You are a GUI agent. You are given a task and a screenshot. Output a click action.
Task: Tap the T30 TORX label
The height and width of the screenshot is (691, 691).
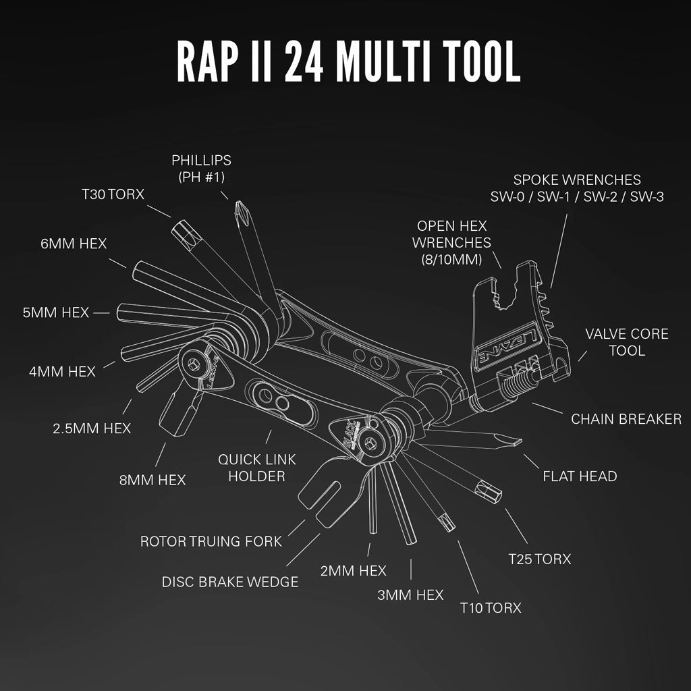[113, 194]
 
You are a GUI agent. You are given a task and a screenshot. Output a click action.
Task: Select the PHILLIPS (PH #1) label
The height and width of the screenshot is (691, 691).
[201, 169]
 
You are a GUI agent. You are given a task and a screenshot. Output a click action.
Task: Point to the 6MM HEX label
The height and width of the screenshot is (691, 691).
[74, 244]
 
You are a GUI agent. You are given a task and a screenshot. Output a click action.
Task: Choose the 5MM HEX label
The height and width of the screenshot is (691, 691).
[56, 312]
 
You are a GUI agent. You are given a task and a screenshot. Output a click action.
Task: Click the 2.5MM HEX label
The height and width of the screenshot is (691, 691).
[92, 428]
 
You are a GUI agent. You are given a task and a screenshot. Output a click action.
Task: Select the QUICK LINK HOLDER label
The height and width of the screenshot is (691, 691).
[251, 468]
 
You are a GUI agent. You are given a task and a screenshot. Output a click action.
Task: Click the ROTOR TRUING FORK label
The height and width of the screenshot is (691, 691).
[211, 541]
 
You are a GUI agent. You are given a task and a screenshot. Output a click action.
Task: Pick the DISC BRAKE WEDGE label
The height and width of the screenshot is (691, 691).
[230, 582]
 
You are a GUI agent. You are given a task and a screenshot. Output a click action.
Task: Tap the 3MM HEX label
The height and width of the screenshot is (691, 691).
[411, 595]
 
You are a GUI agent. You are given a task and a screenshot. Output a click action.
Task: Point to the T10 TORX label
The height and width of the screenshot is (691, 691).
[491, 608]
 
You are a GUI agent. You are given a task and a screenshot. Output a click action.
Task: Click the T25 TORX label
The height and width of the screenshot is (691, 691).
[540, 559]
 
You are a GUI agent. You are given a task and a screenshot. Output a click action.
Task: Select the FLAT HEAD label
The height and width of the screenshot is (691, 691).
[580, 476]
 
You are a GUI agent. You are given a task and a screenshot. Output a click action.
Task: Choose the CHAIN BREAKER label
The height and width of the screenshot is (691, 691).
[626, 418]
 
